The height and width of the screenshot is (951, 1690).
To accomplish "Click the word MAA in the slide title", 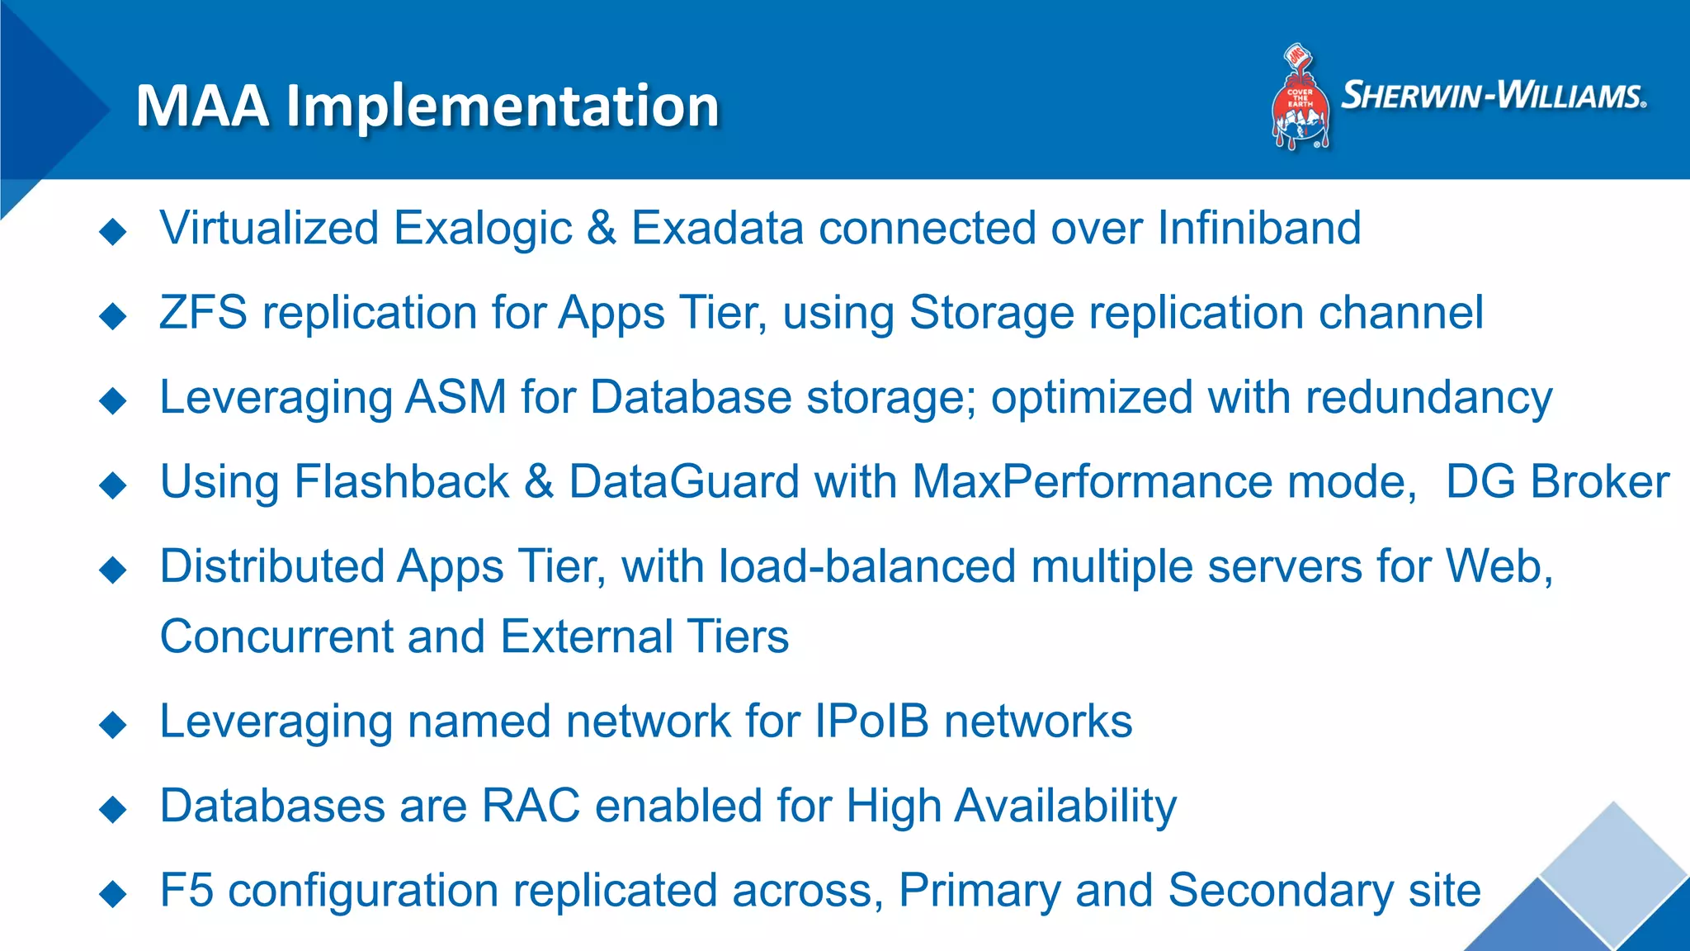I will click(x=203, y=106).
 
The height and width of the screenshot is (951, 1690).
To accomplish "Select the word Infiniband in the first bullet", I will click(x=1259, y=228).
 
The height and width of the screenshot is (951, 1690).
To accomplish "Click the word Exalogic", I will click(x=483, y=229).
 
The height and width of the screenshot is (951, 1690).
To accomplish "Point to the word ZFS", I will click(x=203, y=313).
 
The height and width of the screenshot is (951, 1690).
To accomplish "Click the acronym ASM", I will click(x=456, y=397).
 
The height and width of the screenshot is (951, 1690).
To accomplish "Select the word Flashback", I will click(x=402, y=481).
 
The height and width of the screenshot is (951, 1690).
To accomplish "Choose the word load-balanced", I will click(x=867, y=566).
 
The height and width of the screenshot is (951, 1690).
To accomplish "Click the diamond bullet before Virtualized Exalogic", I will click(x=113, y=232).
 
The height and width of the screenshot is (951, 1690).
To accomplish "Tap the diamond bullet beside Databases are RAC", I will click(x=113, y=809).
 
